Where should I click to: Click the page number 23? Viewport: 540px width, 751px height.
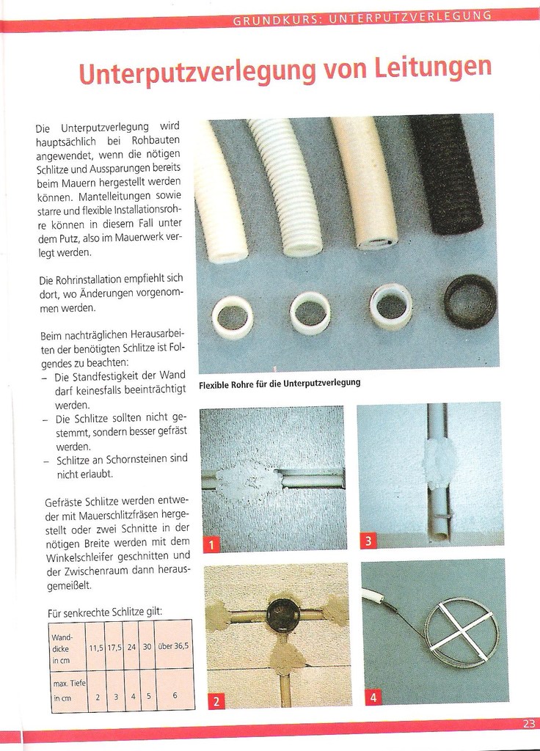point(529,723)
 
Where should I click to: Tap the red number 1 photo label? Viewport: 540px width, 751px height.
point(211,544)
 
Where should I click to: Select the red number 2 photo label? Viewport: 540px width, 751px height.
point(215,701)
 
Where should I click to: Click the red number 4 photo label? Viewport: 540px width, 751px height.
point(373,697)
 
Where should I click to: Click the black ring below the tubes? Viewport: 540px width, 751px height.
point(470,301)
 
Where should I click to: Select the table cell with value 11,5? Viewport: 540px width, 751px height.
point(96,647)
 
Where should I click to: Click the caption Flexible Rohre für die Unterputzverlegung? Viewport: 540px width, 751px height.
point(280,383)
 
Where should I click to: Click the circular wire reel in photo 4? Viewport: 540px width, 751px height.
point(461,632)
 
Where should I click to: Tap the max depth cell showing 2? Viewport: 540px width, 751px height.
point(97,697)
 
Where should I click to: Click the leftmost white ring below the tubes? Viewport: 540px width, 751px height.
point(233,317)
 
